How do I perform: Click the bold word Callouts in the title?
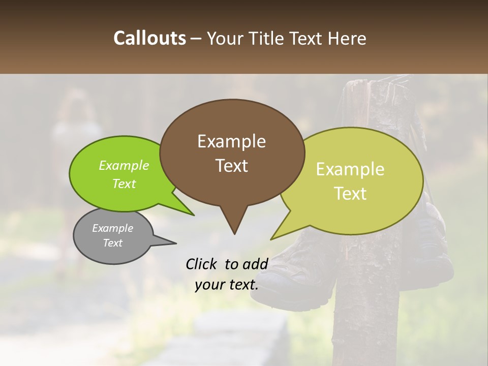149,38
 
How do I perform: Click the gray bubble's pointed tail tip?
176,243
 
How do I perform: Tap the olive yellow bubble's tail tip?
271,239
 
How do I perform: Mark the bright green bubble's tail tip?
194,215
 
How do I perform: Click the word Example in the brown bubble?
231,141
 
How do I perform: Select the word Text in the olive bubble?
350,193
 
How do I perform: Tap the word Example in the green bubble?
124,166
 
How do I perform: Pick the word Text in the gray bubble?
112,243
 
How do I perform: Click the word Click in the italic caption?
201,264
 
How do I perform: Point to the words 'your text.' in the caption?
226,285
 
